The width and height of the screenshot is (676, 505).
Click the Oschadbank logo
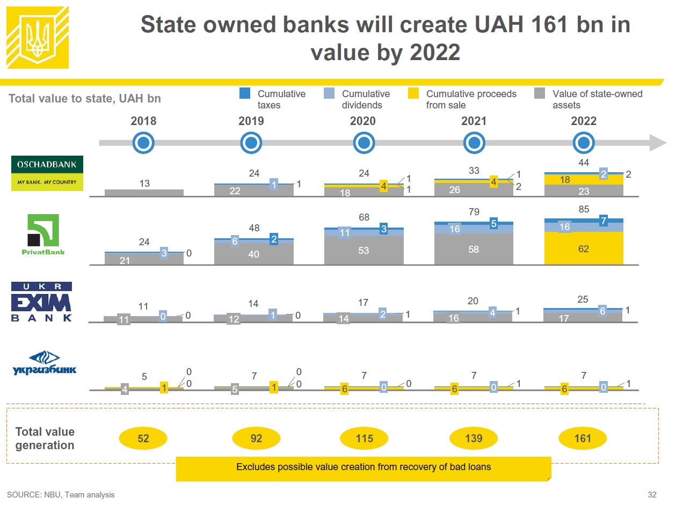tap(47, 173)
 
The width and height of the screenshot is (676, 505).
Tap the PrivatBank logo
tap(43, 235)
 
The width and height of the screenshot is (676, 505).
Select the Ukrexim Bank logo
tap(41, 302)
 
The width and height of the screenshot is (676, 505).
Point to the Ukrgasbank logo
tap(45, 363)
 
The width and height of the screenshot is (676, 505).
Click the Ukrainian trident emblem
tap(38, 37)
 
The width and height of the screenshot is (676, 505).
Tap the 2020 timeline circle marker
tap(364, 143)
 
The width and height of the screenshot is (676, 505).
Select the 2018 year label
tap(143, 121)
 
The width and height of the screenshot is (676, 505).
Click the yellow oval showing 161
tap(583, 438)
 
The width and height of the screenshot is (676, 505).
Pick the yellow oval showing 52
tap(143, 438)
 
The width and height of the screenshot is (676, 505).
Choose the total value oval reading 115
tap(364, 438)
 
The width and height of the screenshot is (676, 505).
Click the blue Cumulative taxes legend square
tap(245, 93)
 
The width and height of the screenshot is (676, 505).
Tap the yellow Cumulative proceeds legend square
tap(413, 93)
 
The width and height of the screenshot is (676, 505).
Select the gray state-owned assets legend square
tap(540, 93)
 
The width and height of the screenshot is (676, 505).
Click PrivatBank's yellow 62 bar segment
tap(584, 248)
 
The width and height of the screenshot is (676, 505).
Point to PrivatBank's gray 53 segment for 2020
tap(364, 250)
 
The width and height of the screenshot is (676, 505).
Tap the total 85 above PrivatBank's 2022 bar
tap(584, 209)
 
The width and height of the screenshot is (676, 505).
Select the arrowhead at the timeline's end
tap(658, 143)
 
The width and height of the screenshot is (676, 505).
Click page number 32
tap(652, 495)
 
